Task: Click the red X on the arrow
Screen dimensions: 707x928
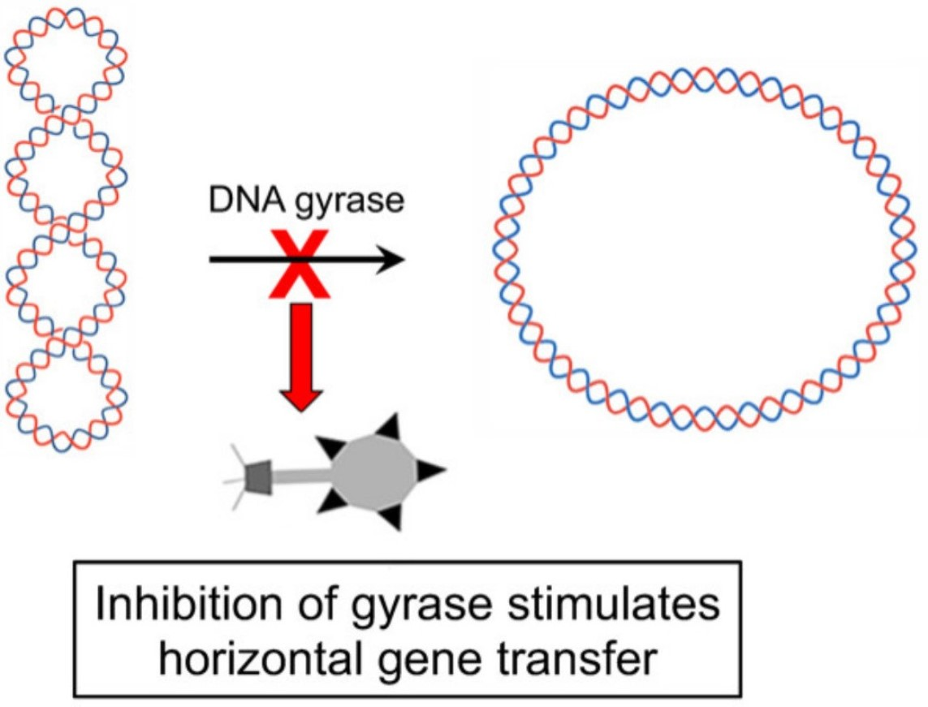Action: tap(300, 261)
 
